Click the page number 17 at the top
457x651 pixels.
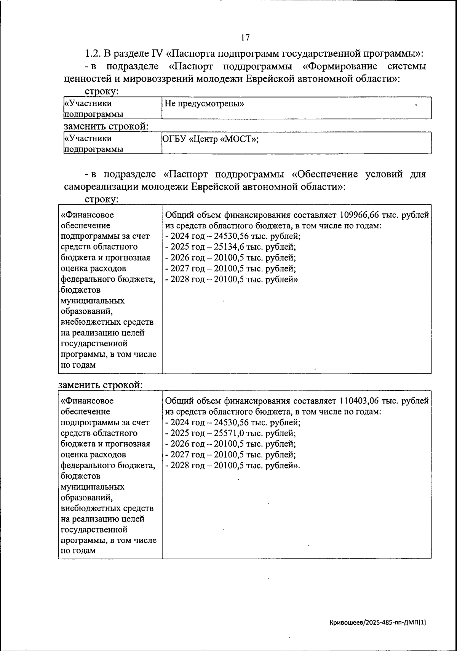point(245,37)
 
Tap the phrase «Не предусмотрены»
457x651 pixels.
point(204,104)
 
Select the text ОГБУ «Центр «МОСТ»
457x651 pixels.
point(211,139)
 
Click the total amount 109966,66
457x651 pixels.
point(362,215)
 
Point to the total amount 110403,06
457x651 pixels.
point(362,401)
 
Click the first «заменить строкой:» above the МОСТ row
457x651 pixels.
point(106,126)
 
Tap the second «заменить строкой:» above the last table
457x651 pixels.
point(101,385)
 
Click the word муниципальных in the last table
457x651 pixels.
point(93,487)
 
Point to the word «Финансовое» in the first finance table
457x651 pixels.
point(87,215)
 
